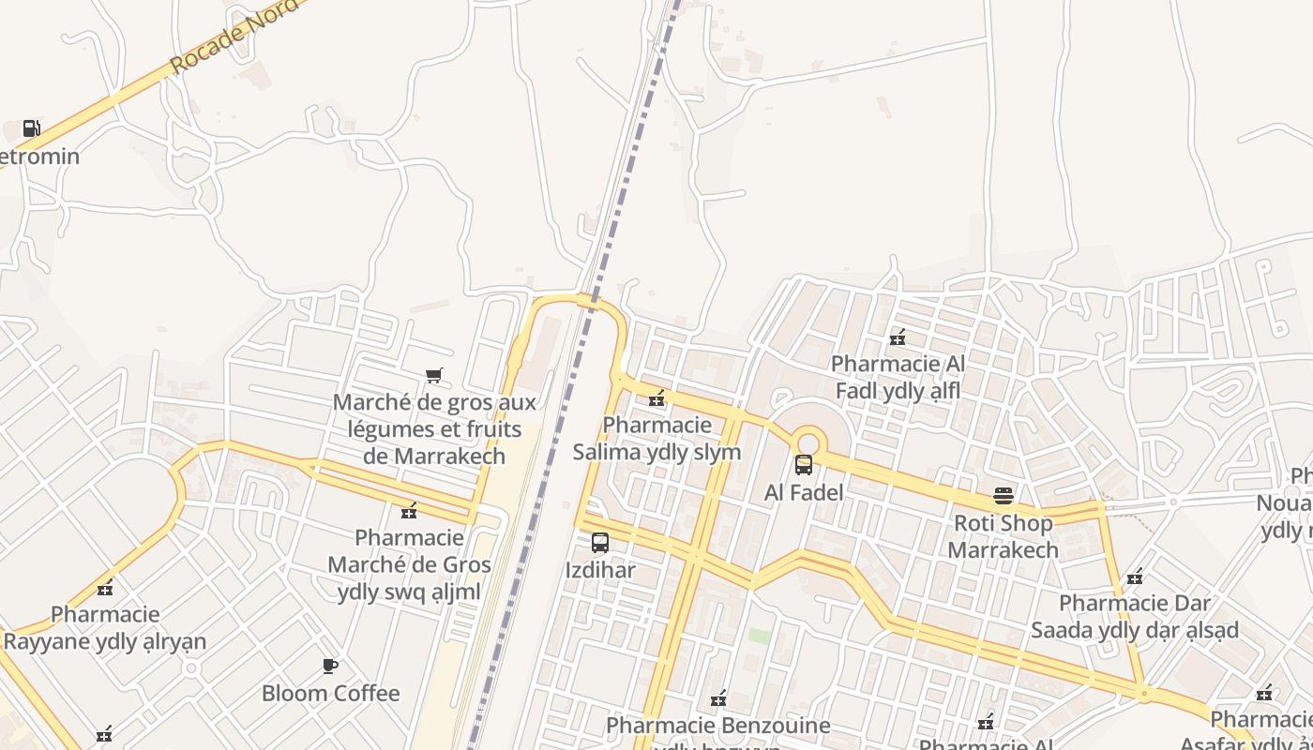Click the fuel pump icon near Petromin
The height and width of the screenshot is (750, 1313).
[x=31, y=128]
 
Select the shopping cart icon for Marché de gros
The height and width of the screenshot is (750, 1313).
[x=433, y=376]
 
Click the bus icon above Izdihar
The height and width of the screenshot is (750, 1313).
[x=600, y=542]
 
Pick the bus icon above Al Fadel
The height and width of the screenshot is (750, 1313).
[x=804, y=464]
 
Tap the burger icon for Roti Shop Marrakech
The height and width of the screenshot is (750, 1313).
[x=1004, y=495]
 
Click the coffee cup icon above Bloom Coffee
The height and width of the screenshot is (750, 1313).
[x=330, y=666]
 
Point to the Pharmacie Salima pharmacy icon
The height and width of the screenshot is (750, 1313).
[x=657, y=398]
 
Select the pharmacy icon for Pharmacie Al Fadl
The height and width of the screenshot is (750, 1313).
[x=898, y=337]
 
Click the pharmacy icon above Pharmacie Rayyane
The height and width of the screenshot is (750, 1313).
[x=105, y=588]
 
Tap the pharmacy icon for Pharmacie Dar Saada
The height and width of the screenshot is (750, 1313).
[x=1135, y=576]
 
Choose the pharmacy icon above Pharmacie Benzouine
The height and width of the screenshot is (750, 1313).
[x=718, y=698]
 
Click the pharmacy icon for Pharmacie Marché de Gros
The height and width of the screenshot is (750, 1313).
[x=409, y=511]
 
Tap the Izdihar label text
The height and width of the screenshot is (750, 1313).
[x=600, y=570]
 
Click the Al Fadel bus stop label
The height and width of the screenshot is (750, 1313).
[x=804, y=492]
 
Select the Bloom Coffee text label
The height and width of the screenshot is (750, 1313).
[x=330, y=694]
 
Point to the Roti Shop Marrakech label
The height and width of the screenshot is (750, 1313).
[x=1003, y=536]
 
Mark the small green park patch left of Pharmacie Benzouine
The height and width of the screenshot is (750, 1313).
[x=760, y=637]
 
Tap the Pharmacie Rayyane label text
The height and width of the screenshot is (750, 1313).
[x=105, y=628]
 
